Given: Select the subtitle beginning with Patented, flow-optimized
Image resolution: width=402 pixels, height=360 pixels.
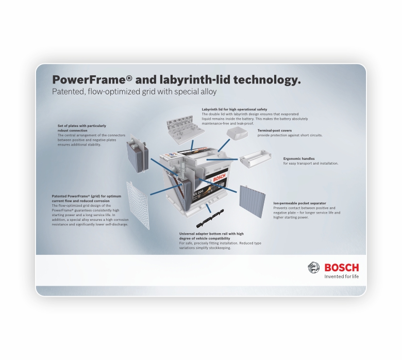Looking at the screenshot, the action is [135, 92].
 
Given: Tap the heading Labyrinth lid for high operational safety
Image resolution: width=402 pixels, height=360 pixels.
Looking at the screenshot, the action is [234, 109].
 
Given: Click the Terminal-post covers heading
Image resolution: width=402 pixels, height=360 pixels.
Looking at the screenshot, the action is [275, 130].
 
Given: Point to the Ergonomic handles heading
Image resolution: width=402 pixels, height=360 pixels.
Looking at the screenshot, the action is [299, 158].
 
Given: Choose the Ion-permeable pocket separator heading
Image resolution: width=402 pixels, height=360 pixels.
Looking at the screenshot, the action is [300, 203].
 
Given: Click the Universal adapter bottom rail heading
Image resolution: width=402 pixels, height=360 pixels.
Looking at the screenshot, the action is [211, 236].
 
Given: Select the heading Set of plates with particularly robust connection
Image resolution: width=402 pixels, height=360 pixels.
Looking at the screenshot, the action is [82, 128].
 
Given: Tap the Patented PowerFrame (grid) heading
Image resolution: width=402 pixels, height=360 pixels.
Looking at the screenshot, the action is [87, 199].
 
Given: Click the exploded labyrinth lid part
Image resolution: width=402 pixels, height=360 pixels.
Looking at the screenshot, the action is [186, 127].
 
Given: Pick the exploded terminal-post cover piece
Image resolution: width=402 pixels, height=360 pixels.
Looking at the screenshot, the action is [237, 134].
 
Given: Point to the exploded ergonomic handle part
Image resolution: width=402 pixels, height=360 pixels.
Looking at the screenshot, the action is [255, 159].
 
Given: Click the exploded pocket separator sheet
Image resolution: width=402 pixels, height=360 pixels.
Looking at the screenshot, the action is [252, 202].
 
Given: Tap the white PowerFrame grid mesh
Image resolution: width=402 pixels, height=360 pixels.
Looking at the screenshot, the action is [138, 205].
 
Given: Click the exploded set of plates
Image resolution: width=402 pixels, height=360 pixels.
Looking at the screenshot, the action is [138, 154].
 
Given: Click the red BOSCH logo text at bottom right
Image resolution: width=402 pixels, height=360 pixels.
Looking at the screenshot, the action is [342, 268].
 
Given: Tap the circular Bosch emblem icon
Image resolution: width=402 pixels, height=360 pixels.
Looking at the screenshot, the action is [313, 268].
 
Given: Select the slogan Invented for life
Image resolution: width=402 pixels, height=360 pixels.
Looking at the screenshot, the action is [342, 276].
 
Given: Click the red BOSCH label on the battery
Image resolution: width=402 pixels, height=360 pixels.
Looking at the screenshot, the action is [219, 177].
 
